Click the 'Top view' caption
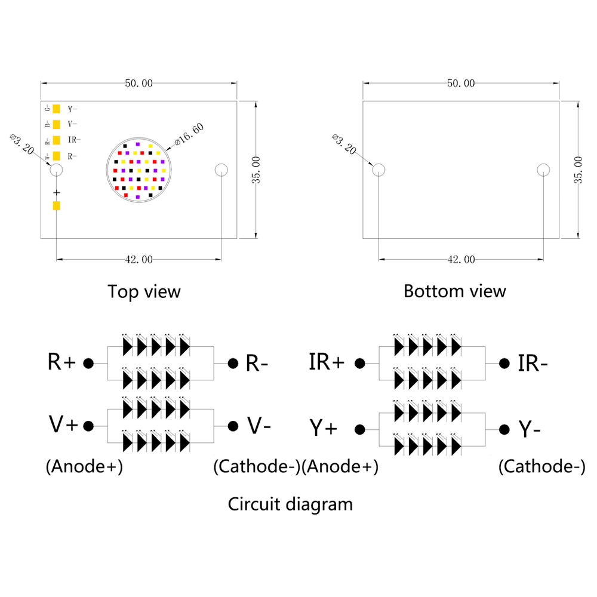tap(144, 291)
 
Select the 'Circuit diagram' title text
tap(290, 504)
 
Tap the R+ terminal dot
tap(88, 363)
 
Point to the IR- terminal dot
tap(504, 363)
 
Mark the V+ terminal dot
tap(88, 426)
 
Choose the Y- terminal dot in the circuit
tap(504, 429)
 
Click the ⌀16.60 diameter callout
tap(189, 135)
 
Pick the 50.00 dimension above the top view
tap(139, 84)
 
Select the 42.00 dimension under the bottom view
tap(461, 259)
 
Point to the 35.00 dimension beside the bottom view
tap(578, 170)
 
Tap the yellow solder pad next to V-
tap(57, 124)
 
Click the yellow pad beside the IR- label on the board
tap(57, 140)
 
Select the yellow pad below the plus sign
tap(57, 206)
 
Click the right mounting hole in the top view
tap(221, 170)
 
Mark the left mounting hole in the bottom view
tap(378, 170)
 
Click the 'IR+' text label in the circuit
tap(327, 362)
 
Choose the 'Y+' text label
tap(323, 428)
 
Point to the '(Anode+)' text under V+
tap(84, 467)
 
